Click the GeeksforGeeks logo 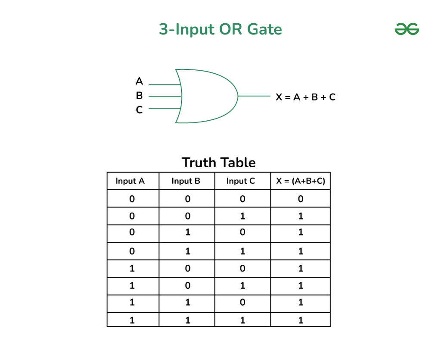(407, 29)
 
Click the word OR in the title (231, 29)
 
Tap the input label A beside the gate (139, 81)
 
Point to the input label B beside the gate (139, 95)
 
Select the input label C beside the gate (139, 110)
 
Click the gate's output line (254, 96)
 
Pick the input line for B (165, 96)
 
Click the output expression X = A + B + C (306, 97)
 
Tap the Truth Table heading (218, 163)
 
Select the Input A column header (130, 181)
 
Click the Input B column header (186, 181)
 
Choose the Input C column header (241, 181)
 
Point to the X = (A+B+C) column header (300, 181)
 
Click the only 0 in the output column (301, 199)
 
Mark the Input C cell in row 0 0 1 (242, 216)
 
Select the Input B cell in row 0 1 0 (188, 232)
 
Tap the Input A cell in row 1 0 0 (132, 269)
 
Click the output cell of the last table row (301, 320)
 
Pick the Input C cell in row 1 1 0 (242, 302)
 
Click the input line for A (164, 85)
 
